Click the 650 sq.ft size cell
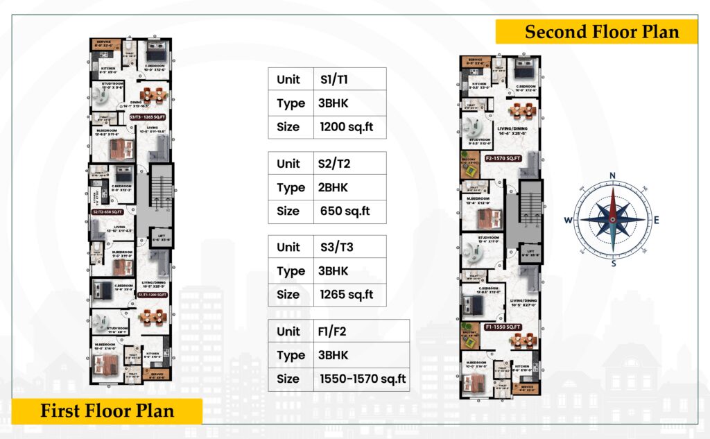point(344,211)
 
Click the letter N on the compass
point(612,175)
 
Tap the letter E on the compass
point(657,221)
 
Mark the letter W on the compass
point(568,221)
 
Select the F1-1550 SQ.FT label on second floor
point(503,326)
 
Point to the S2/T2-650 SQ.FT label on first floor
point(107,212)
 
